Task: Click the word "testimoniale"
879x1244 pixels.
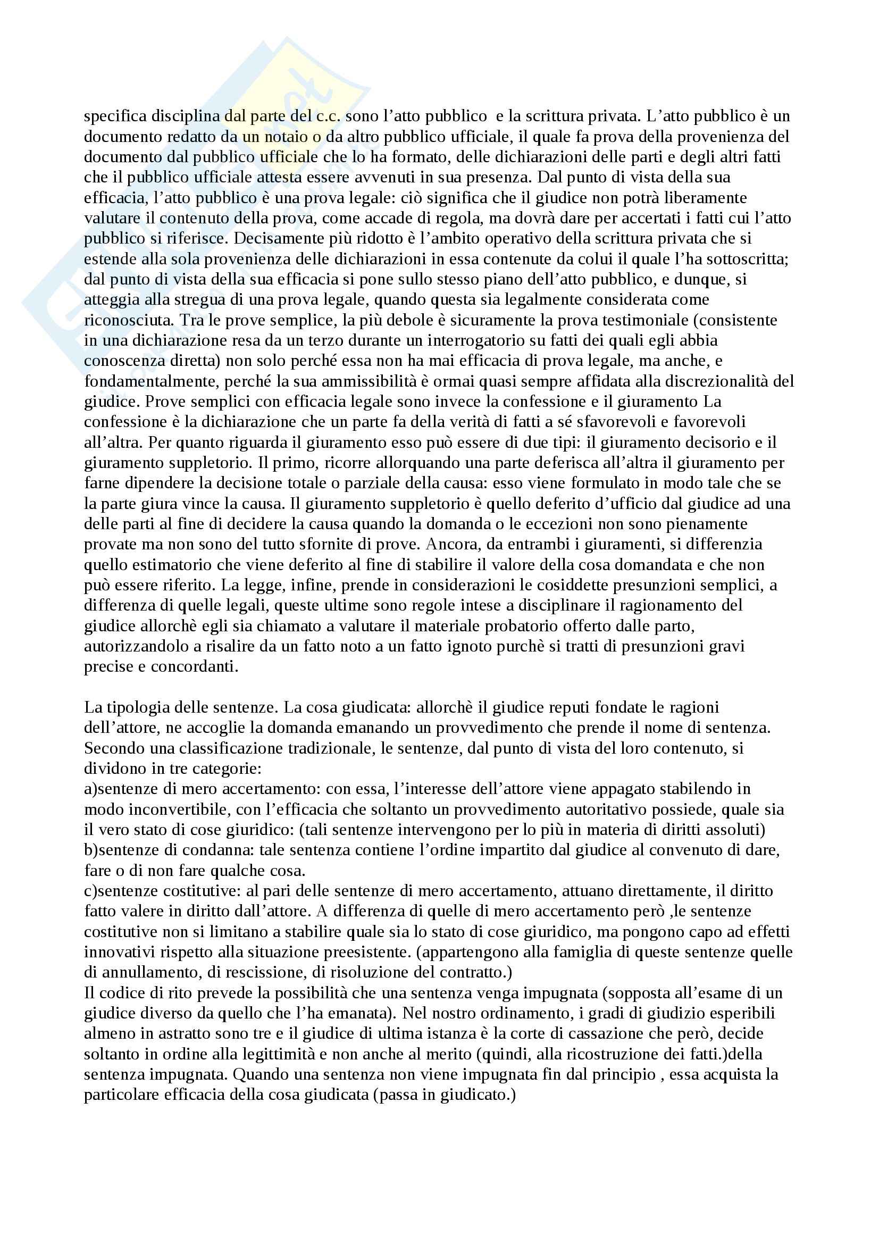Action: [634, 320]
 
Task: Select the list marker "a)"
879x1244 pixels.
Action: [90, 789]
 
